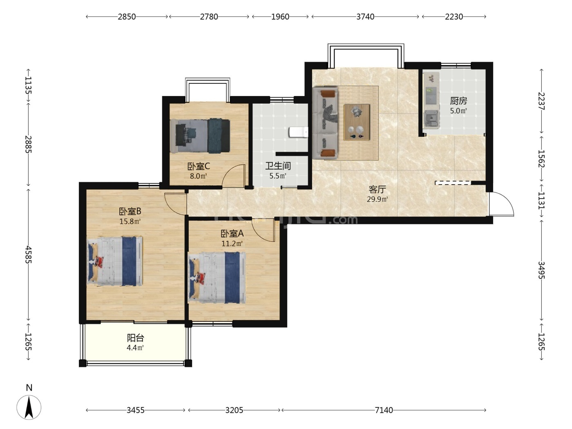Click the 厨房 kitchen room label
[458, 101]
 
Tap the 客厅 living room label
[377, 189]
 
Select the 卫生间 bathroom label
[278, 165]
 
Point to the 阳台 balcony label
[135, 338]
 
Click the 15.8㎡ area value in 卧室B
[130, 221]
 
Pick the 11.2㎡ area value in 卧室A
[232, 244]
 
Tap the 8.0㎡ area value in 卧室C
[198, 176]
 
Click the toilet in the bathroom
[298, 132]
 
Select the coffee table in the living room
[357, 122]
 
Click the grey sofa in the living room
[325, 123]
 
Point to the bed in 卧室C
[200, 136]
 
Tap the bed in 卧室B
[114, 261]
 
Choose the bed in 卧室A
[217, 278]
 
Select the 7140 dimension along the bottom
[384, 410]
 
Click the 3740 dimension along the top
[365, 17]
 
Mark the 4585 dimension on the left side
[28, 255]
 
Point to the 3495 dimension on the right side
[541, 270]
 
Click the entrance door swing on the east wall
[501, 204]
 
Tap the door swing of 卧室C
[234, 176]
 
